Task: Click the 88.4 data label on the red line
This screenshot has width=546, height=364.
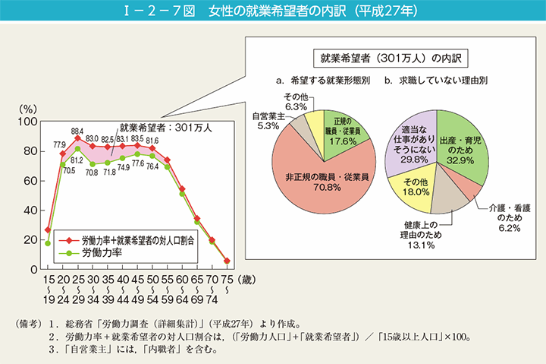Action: pyautogui.click(x=77, y=131)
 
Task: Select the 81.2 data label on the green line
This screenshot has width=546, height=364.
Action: pyautogui.click(x=77, y=160)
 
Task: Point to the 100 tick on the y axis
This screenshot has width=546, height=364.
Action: pyautogui.click(x=28, y=122)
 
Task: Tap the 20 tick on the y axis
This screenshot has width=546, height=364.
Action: pyautogui.click(x=31, y=240)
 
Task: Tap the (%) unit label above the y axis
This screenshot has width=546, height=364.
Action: pyautogui.click(x=27, y=108)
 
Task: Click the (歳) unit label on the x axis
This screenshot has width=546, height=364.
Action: pyautogui.click(x=240, y=281)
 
